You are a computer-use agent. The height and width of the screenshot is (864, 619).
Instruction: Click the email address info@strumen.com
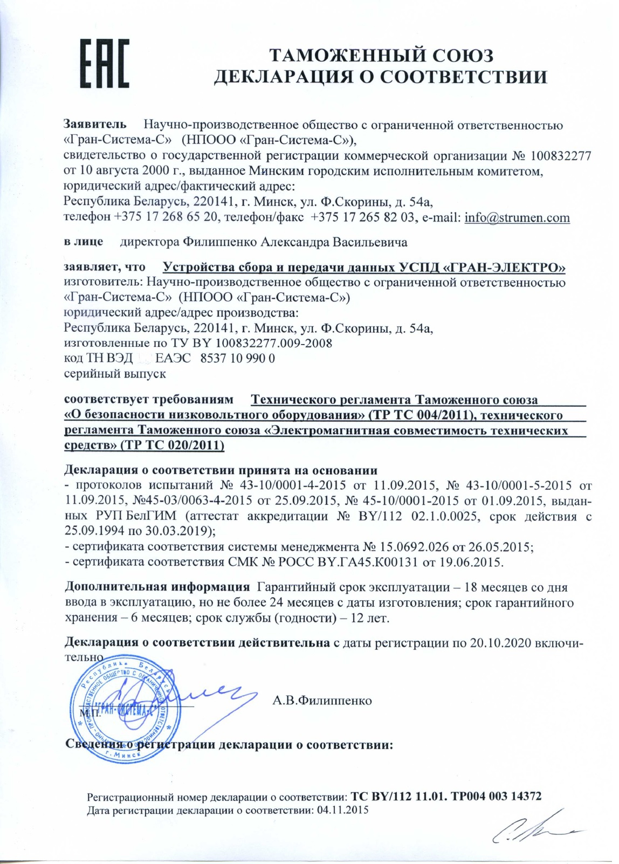[517, 218]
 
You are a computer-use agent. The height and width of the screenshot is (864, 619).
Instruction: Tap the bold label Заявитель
[95, 124]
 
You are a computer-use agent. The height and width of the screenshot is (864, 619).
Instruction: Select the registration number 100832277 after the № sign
[561, 156]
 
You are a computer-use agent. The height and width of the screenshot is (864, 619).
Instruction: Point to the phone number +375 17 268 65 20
[166, 218]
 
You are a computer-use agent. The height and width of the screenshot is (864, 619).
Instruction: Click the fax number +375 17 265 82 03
[362, 218]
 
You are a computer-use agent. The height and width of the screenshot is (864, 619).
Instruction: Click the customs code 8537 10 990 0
[237, 358]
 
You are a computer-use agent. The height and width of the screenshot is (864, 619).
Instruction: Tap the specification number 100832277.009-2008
[274, 343]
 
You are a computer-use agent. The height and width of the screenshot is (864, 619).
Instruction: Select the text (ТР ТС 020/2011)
[172, 445]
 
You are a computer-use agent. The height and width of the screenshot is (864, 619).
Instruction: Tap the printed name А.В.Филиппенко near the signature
[322, 701]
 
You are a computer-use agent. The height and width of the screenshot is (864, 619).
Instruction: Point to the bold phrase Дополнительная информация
[157, 587]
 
